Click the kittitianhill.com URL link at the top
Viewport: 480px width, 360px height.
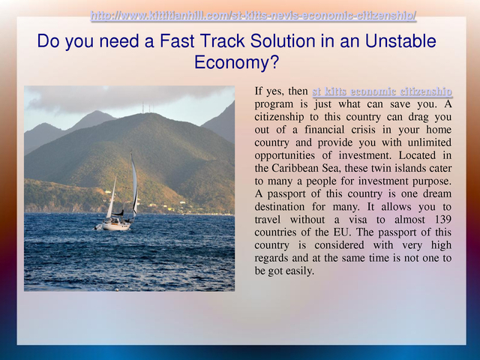[253, 15]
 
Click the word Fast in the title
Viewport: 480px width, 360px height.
[177, 41]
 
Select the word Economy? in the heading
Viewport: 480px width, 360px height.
[237, 62]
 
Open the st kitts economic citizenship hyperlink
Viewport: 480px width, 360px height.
[382, 91]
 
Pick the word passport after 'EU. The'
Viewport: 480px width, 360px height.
[397, 232]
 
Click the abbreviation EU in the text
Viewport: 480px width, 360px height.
[341, 232]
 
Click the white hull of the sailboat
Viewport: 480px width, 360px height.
[116, 226]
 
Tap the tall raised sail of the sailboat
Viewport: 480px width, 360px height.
[134, 184]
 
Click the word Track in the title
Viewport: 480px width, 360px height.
[222, 41]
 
